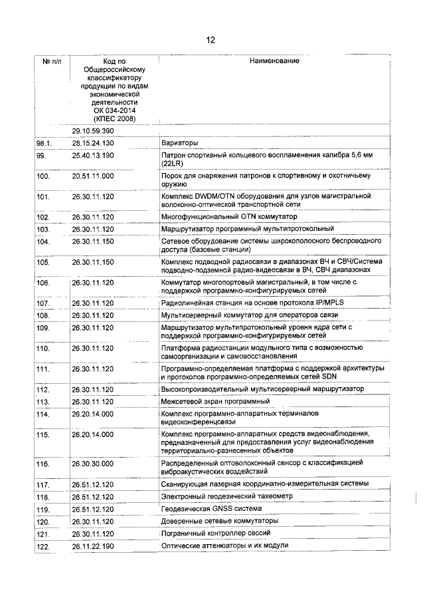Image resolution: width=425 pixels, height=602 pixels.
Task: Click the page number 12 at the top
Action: click(x=211, y=40)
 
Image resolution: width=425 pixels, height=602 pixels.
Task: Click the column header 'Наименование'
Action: click(x=274, y=61)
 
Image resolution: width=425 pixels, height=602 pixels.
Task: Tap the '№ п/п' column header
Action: click(x=52, y=61)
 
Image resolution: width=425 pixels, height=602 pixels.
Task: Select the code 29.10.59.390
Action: click(x=93, y=130)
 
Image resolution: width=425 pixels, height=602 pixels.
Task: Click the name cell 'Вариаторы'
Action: click(x=181, y=143)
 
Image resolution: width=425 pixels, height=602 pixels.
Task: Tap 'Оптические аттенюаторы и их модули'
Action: click(x=224, y=545)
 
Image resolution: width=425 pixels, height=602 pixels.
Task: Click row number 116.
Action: click(x=43, y=462)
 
